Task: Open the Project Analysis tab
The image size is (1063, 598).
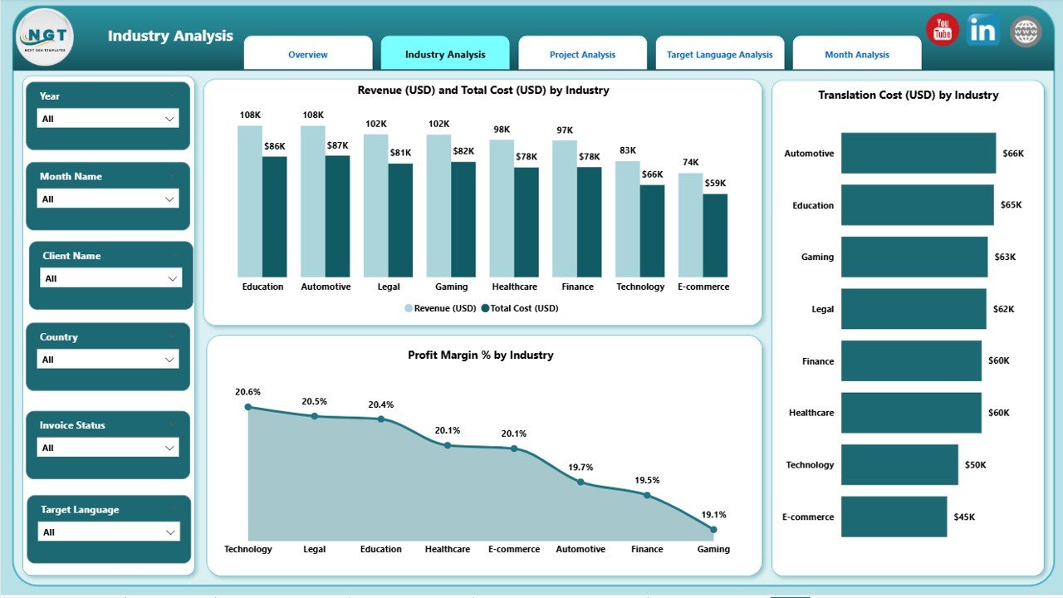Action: [582, 55]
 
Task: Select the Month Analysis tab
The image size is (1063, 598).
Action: [856, 55]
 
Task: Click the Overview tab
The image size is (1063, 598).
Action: [307, 55]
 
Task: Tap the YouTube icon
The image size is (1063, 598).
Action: [943, 30]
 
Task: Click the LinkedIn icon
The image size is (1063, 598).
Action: [983, 31]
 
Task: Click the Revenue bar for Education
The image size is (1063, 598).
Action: [249, 201]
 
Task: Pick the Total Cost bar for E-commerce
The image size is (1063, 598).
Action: [715, 235]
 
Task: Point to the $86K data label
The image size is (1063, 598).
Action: [275, 146]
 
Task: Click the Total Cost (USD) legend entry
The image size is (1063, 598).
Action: [524, 308]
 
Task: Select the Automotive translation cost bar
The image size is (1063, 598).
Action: [918, 153]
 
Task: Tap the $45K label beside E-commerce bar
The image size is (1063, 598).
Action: [964, 517]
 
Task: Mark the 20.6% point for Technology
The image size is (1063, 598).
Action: [248, 407]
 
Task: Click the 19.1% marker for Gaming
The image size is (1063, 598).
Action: [713, 529]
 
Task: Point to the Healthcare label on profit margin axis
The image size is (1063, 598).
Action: [448, 549]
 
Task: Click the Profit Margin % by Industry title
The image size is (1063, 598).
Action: [480, 355]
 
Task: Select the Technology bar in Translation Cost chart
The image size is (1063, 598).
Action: [899, 464]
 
